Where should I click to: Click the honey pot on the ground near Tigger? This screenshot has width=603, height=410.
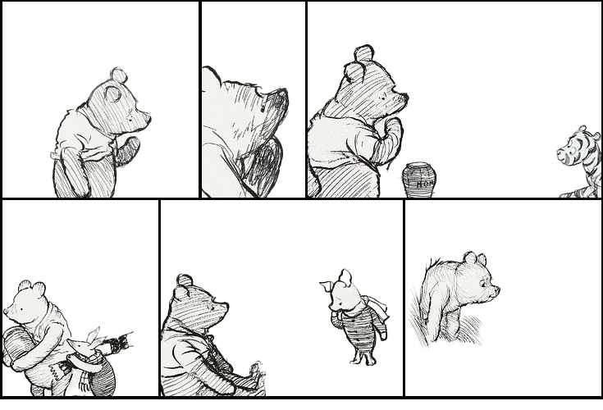pos(418,179)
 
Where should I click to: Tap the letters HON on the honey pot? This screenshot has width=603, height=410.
pos(423,184)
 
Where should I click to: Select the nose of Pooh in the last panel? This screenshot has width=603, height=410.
pos(496,289)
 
